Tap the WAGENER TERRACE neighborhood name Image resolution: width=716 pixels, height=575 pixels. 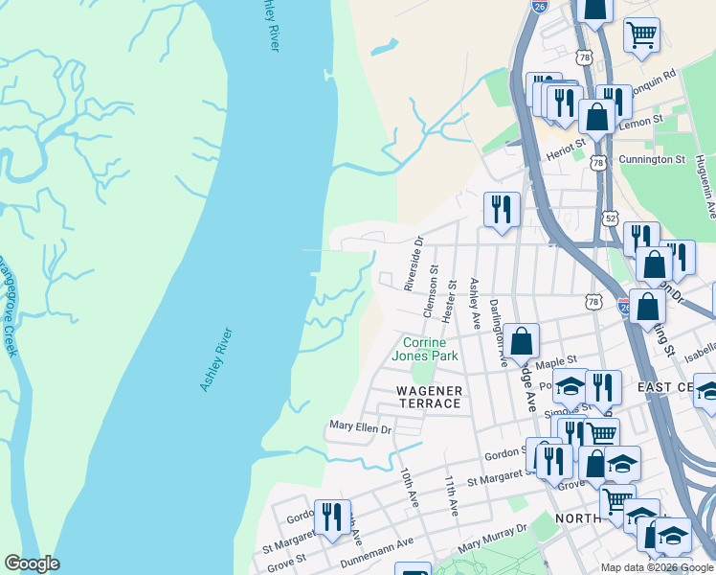(430, 397)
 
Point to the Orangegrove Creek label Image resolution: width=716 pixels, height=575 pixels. (7, 306)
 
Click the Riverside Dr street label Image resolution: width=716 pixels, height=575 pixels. (413, 264)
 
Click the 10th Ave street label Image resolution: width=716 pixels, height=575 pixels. (410, 488)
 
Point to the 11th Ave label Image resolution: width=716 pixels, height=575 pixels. (452, 495)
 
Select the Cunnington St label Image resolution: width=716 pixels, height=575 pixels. (645, 159)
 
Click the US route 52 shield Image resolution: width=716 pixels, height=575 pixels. (611, 218)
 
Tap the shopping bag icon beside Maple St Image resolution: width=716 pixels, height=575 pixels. (522, 341)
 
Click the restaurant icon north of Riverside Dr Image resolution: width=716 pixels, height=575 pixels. (502, 209)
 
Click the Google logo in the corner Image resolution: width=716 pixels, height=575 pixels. (32, 563)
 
